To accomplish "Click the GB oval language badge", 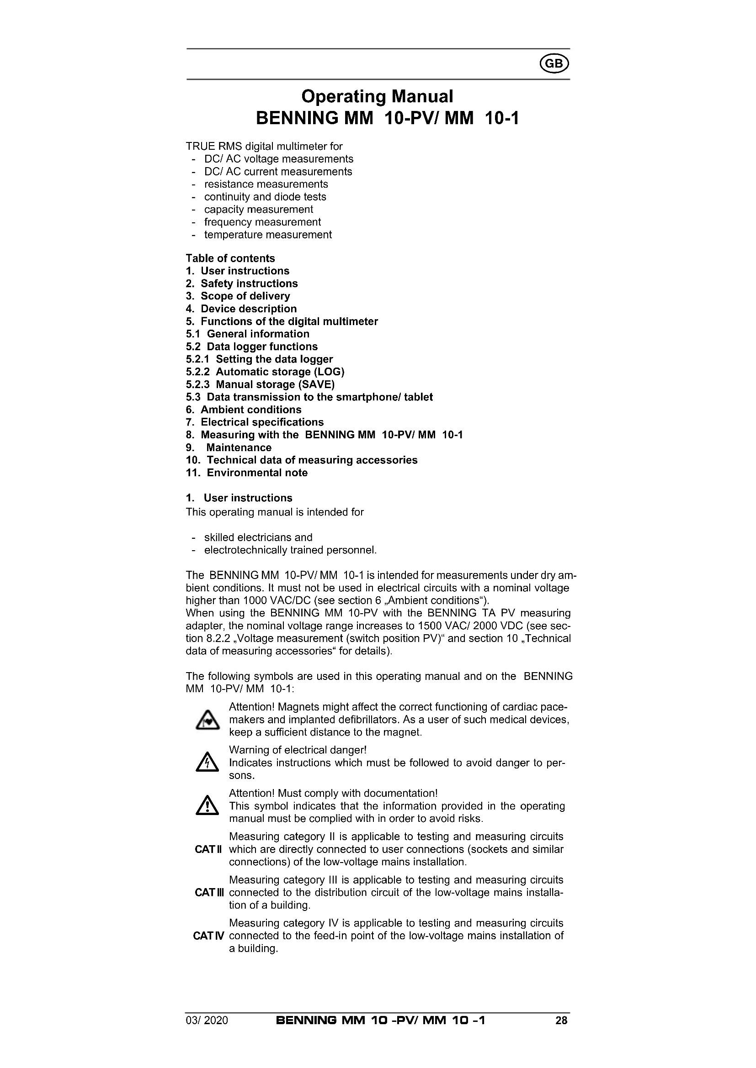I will tap(554, 64).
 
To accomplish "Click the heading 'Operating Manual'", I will tap(377, 96).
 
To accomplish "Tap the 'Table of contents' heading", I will tap(230, 258).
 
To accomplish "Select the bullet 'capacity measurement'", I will tap(258, 209).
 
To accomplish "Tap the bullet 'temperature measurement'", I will tap(268, 234).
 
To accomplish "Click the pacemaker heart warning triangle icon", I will tap(207, 721).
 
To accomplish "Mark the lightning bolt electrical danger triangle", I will tap(207, 763).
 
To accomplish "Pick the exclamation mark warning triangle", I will tap(207, 806).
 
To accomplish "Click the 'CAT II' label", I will tap(208, 849).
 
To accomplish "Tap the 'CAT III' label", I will tap(209, 893).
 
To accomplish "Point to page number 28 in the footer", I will tap(561, 1021).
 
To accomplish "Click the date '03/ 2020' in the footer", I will tap(207, 1021).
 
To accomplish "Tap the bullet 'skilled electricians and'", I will tap(258, 537).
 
